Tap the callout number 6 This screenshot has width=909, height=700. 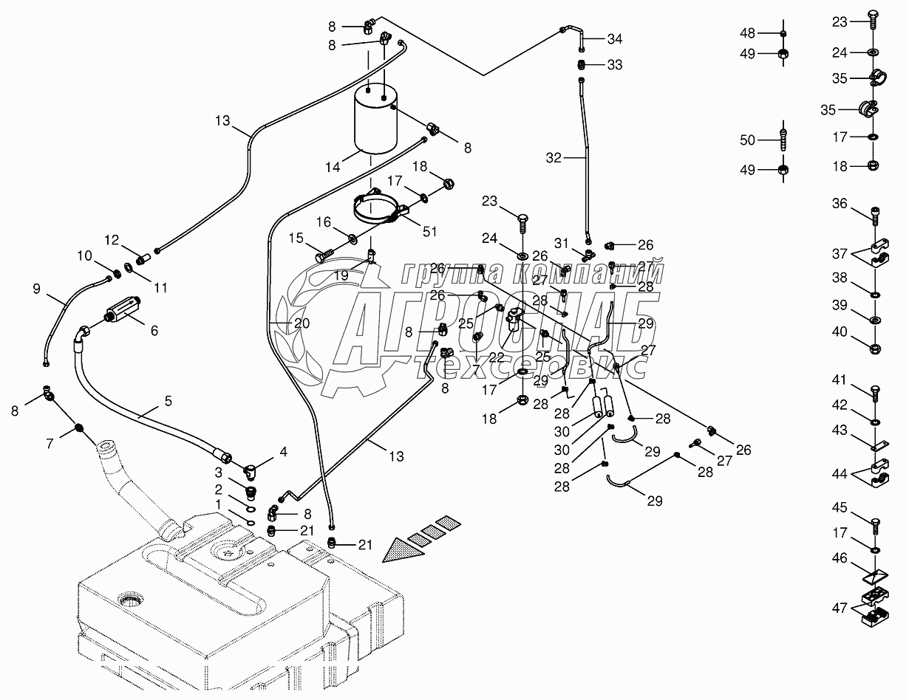pyautogui.click(x=154, y=332)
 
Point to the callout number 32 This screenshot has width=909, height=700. pyautogui.click(x=554, y=157)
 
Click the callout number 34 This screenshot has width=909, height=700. pyautogui.click(x=615, y=39)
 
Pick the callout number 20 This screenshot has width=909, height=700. pyautogui.click(x=302, y=323)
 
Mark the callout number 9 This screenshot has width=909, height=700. pyautogui.click(x=36, y=289)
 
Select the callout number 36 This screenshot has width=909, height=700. pyautogui.click(x=840, y=203)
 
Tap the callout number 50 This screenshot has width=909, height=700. pyautogui.click(x=748, y=140)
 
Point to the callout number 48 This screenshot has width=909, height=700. pyautogui.click(x=748, y=32)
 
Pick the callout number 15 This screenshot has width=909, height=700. pyautogui.click(x=295, y=238)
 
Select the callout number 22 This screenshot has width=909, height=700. pyautogui.click(x=496, y=357)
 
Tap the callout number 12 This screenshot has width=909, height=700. pyautogui.click(x=111, y=239)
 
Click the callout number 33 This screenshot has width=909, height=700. pyautogui.click(x=615, y=65)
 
